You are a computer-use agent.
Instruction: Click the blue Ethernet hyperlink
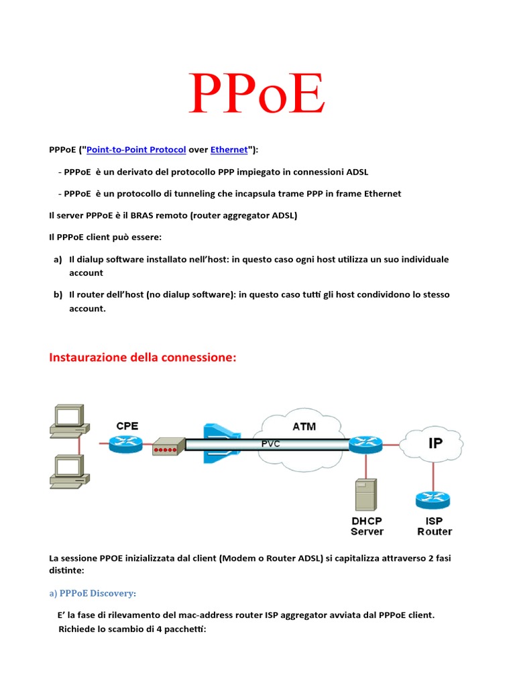(229, 150)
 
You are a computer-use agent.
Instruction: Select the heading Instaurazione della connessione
(143, 358)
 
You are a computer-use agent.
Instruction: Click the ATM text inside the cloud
(304, 426)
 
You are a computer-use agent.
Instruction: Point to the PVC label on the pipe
(270, 443)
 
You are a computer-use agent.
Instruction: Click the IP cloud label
(435, 443)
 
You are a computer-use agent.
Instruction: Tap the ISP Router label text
(435, 526)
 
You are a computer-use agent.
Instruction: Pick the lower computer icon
(67, 470)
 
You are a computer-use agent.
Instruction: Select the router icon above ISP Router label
(433, 499)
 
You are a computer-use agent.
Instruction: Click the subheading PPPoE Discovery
(93, 593)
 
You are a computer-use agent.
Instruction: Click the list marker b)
(58, 295)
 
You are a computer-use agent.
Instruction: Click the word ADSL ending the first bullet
(356, 172)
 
